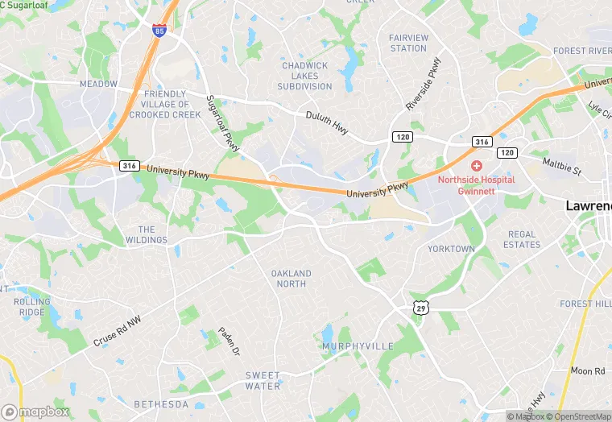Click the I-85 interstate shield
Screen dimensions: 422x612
[x=159, y=31]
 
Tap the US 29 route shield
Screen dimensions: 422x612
[x=421, y=307]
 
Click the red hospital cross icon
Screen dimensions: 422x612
[x=477, y=166]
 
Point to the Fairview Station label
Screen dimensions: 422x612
[x=407, y=43]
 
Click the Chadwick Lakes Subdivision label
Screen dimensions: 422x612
[x=304, y=76]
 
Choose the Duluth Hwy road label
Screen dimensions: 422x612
[x=327, y=122]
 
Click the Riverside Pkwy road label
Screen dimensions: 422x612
[x=424, y=83]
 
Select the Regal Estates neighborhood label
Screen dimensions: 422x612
[x=522, y=239]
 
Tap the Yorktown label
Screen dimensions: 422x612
[x=451, y=249]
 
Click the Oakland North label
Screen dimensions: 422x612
[x=290, y=279]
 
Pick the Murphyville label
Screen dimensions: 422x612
[x=358, y=346]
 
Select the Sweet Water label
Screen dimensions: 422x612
[x=263, y=380]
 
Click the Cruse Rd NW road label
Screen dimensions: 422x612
[x=117, y=330]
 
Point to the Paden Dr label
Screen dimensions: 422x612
[x=229, y=341]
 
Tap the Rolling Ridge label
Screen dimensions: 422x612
[x=31, y=307]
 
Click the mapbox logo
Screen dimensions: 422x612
[x=35, y=411]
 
